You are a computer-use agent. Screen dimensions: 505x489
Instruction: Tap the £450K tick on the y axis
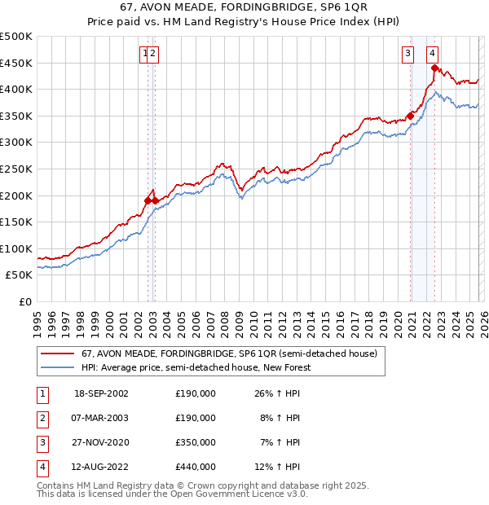(x=16, y=63)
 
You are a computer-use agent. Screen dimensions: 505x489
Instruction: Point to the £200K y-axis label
(x=16, y=195)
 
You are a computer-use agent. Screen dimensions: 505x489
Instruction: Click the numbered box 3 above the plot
(x=407, y=55)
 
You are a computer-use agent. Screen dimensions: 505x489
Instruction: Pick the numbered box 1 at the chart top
(x=145, y=55)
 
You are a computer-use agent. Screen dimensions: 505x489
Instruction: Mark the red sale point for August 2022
(x=434, y=68)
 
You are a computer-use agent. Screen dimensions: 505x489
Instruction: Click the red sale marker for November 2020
(x=410, y=116)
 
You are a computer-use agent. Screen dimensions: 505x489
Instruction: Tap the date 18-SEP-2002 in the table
(x=101, y=393)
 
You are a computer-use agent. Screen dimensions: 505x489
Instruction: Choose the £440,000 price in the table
(x=196, y=467)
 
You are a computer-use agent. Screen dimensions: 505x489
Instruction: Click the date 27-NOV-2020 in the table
(x=101, y=442)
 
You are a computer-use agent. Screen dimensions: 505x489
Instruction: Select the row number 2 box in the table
(x=42, y=418)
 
